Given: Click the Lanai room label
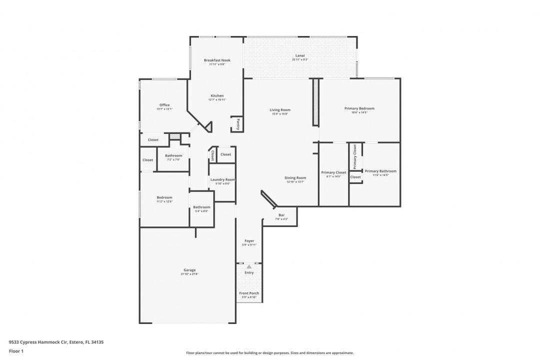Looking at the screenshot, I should click(x=300, y=55).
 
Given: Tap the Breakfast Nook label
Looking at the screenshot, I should click(x=217, y=60).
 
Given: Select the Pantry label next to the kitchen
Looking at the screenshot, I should click(x=238, y=124).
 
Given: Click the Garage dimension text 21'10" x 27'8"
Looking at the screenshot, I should click(x=189, y=274).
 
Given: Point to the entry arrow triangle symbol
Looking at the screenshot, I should click(x=249, y=267).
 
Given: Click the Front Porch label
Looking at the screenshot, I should click(x=249, y=293).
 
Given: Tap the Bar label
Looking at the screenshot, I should click(x=281, y=215).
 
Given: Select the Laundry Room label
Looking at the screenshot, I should click(x=222, y=179).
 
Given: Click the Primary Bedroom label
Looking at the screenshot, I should click(x=359, y=108).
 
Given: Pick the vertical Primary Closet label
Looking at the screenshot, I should click(x=355, y=156).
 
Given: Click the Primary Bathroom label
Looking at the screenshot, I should click(x=380, y=171).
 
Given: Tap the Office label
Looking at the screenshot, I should click(x=164, y=105).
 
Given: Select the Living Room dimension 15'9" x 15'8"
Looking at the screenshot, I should click(x=280, y=114).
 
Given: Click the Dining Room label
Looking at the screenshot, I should click(x=295, y=177).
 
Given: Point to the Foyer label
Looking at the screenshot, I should click(x=249, y=240).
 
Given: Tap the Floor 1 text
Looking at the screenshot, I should click(x=16, y=351).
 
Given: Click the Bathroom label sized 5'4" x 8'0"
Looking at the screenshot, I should click(x=202, y=207).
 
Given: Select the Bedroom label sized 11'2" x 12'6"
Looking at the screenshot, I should click(x=164, y=197).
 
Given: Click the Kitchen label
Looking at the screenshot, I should click(x=217, y=95).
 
